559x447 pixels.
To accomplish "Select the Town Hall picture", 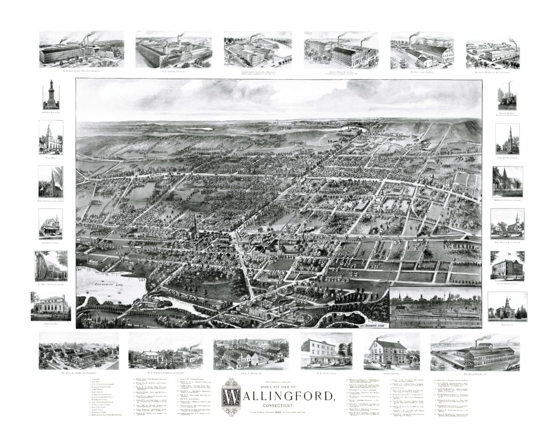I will (51, 137).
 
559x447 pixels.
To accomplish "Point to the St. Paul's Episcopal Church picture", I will (51, 265).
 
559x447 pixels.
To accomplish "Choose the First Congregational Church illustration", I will (51, 181).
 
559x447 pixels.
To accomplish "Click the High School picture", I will (507, 306).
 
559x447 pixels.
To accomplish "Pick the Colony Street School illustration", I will (507, 265).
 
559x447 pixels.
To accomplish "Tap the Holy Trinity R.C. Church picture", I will (507, 224).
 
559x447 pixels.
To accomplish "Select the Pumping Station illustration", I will (507, 96).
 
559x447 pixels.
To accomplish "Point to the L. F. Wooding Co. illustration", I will (251, 354).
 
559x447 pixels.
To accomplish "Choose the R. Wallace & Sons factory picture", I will (81, 48).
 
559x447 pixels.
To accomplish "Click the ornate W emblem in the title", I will (231, 396).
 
